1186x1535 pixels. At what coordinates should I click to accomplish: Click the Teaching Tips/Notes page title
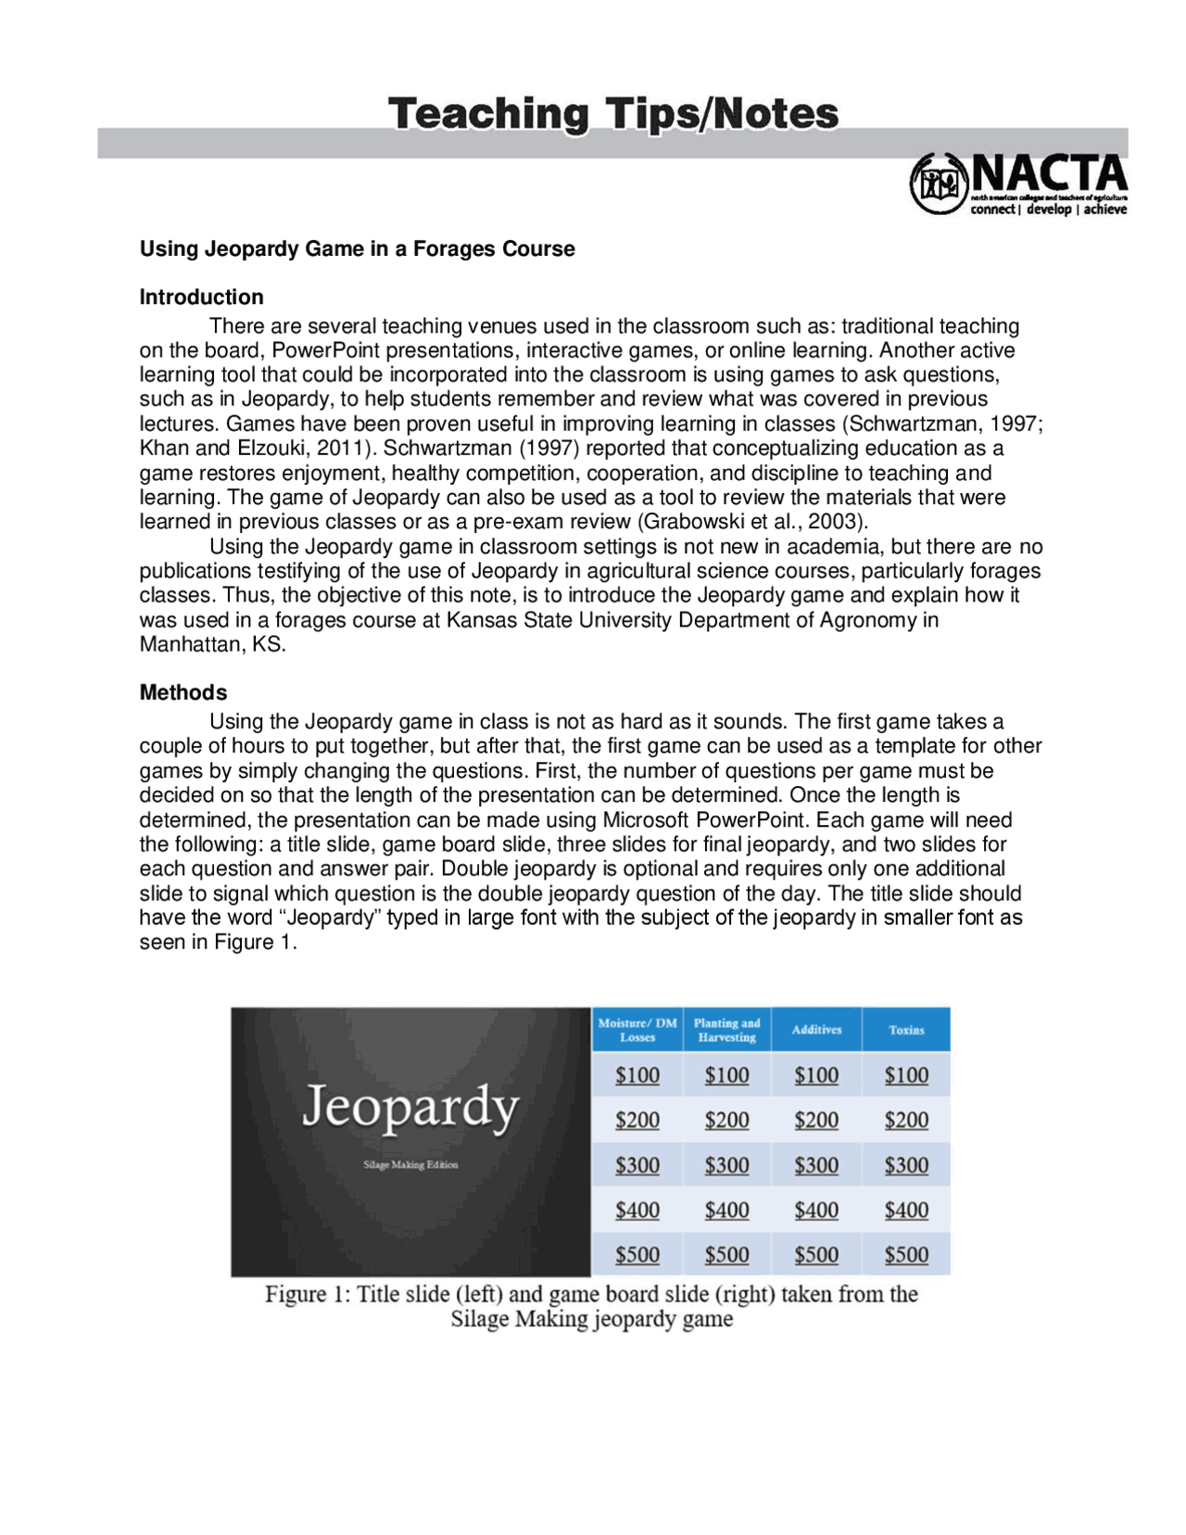point(612,115)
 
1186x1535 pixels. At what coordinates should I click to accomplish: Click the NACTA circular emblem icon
point(938,183)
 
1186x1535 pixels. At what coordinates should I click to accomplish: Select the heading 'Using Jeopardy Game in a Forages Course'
point(357,248)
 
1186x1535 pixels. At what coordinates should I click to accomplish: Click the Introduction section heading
point(201,297)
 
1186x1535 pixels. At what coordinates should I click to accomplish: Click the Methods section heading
point(183,692)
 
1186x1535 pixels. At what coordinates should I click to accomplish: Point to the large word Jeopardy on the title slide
point(410,1107)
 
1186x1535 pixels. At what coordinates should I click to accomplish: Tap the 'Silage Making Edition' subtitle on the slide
point(410,1164)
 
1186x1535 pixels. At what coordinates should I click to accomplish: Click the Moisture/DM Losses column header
point(637,1030)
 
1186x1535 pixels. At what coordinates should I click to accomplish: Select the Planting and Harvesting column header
point(726,1030)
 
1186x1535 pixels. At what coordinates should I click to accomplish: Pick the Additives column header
point(816,1030)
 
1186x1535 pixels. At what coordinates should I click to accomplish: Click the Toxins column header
point(906,1030)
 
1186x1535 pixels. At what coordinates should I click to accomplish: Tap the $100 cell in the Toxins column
point(906,1075)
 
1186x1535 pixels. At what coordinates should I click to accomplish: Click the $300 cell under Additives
point(816,1165)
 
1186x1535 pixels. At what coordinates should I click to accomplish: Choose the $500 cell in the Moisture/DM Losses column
point(637,1255)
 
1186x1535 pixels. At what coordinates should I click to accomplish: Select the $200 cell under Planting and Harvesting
point(726,1120)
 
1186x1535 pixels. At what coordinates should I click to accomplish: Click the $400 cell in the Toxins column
point(906,1210)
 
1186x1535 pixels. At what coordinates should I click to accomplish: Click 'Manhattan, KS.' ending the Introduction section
point(212,644)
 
